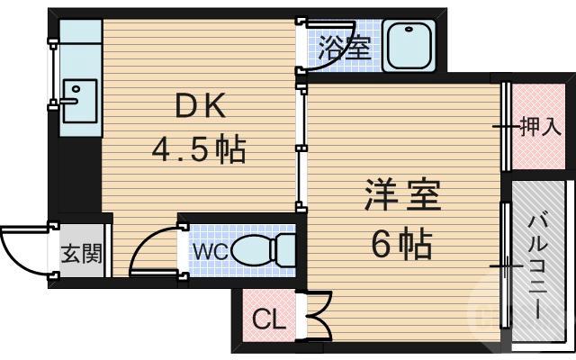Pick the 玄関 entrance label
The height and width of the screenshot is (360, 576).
tap(80, 252)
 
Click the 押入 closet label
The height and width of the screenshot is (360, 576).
tap(540, 127)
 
